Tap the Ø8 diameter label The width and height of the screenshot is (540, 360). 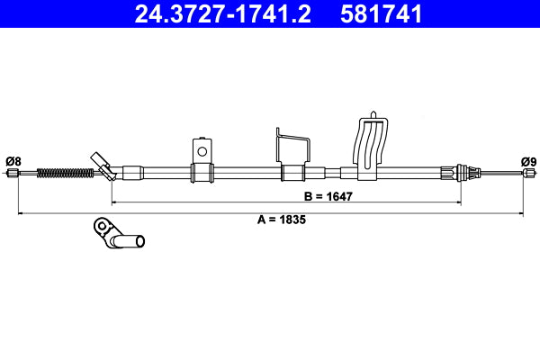[x=13, y=161]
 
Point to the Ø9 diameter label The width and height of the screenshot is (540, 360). [x=528, y=161]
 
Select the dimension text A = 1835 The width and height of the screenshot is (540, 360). [x=275, y=220]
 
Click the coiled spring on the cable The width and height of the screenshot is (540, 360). [x=64, y=172]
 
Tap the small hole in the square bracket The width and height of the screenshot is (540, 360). [x=202, y=150]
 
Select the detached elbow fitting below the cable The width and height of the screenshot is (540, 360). [x=118, y=236]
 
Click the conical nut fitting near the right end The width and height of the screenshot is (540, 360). [x=464, y=173]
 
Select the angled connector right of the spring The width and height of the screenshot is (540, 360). [x=103, y=166]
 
